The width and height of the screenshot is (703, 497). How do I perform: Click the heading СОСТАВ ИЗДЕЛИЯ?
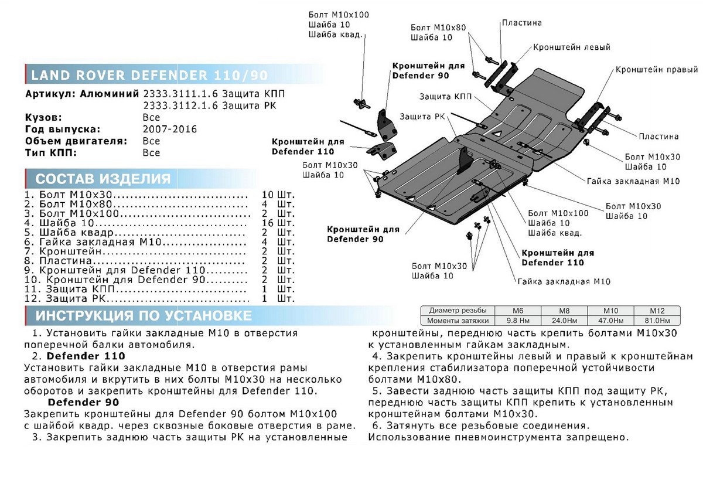coord(103,179)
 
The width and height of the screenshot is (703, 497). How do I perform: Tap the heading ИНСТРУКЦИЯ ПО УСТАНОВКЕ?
coord(144,316)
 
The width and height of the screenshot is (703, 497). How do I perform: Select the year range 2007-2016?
coord(170,129)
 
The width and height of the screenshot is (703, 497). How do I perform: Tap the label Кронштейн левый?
coord(571,47)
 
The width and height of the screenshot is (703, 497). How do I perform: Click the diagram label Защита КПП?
coord(443,96)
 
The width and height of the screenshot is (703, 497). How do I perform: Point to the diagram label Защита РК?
coord(420,116)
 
